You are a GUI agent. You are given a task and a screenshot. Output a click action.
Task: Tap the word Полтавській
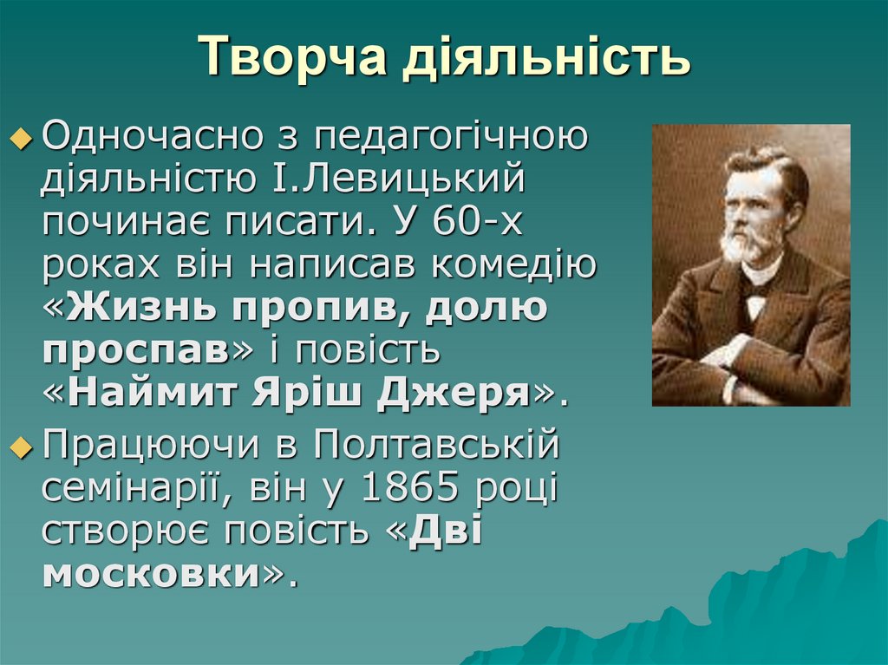437,446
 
